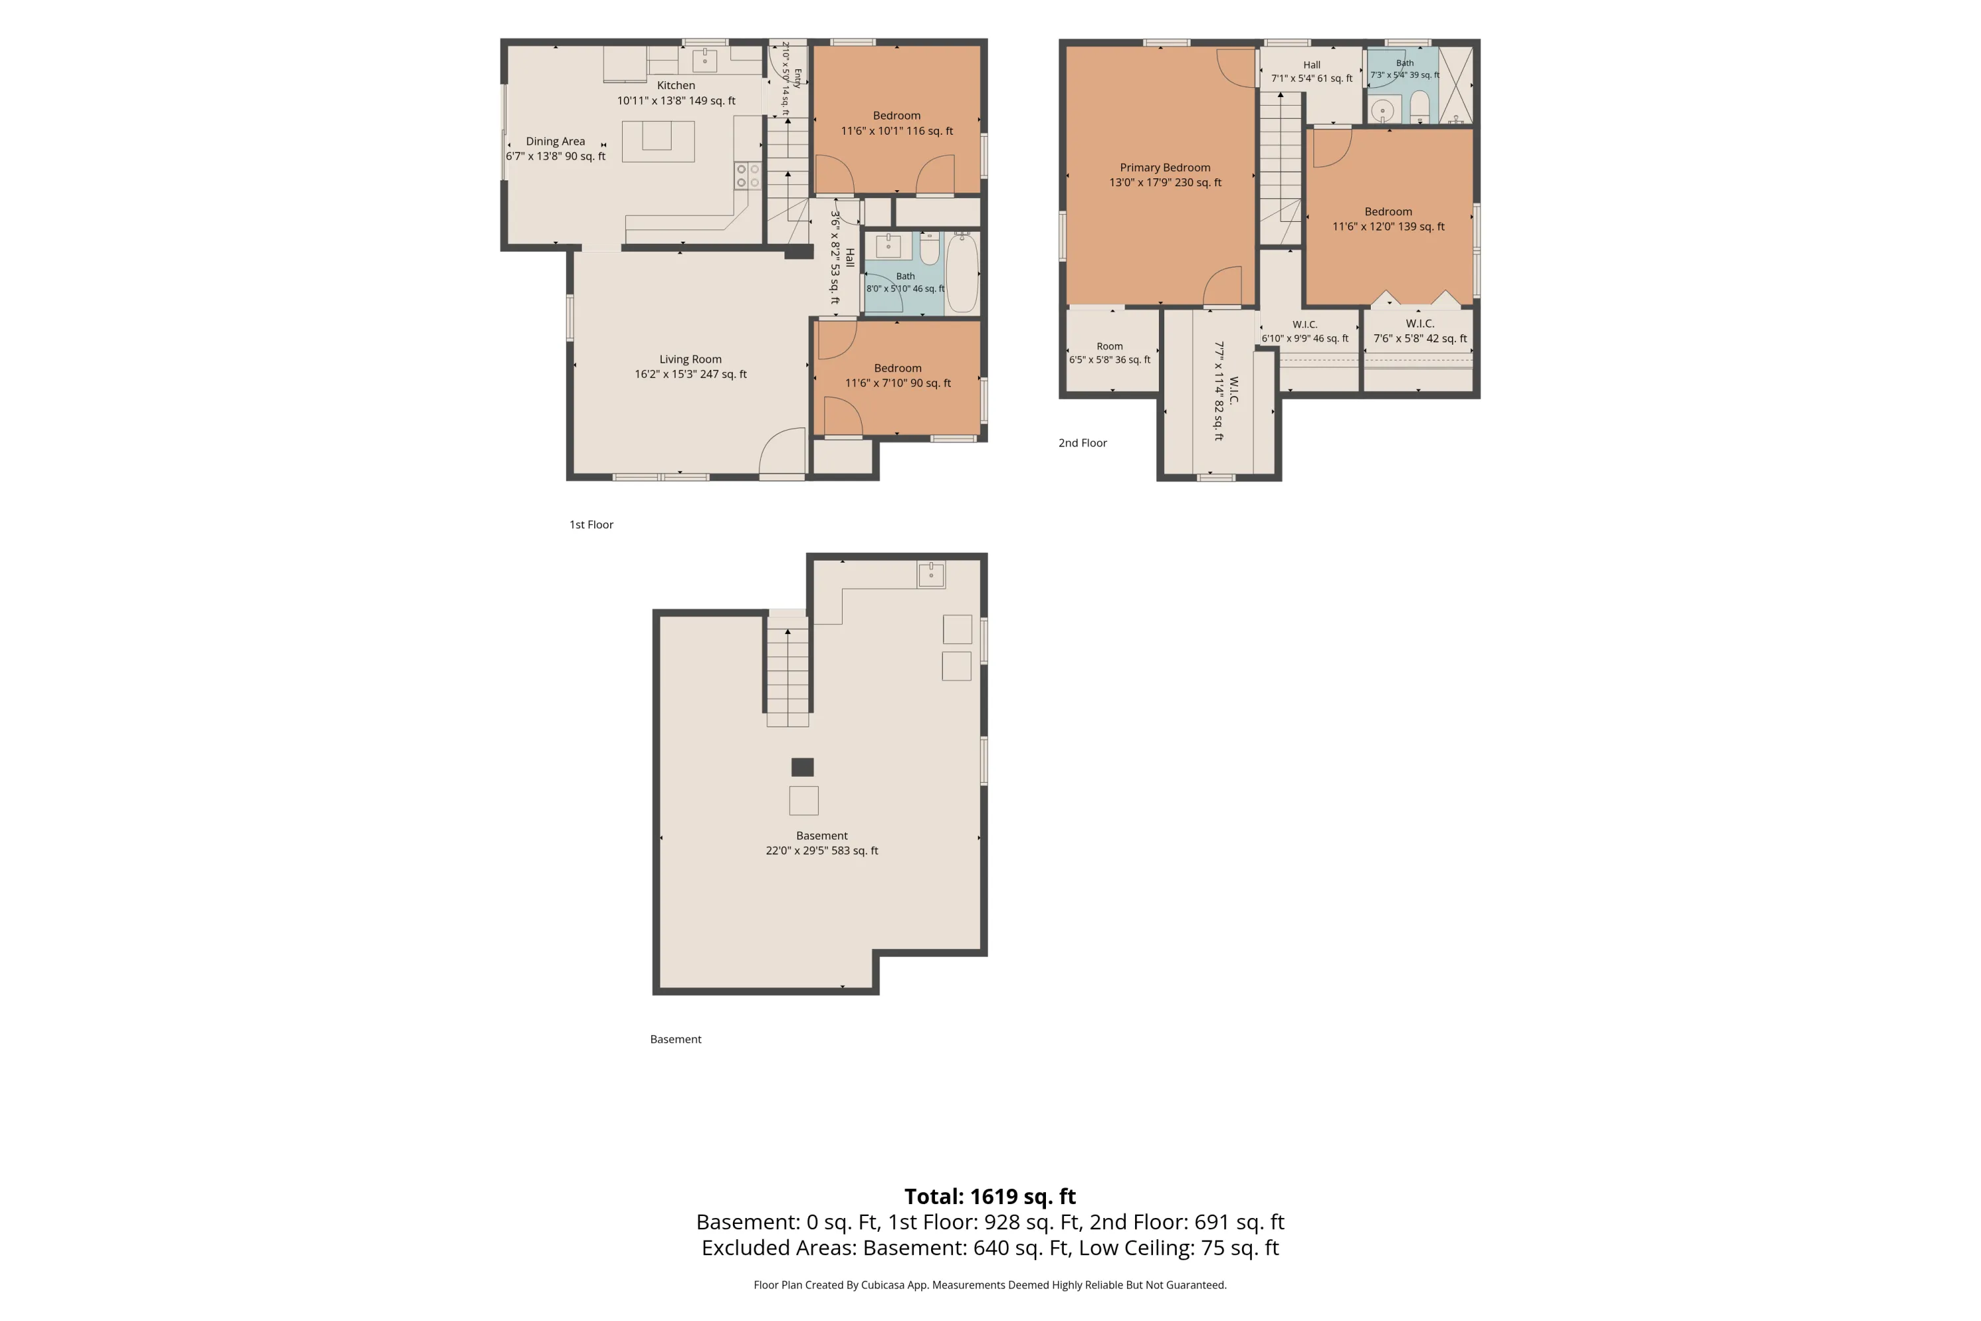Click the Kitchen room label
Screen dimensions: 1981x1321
click(676, 85)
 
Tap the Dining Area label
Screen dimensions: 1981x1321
click(555, 141)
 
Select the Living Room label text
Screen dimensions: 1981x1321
click(690, 359)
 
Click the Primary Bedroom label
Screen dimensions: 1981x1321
click(1165, 168)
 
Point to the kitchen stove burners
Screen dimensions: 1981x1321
click(747, 175)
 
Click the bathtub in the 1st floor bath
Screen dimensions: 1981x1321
click(963, 273)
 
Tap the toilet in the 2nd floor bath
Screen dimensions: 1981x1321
click(1419, 107)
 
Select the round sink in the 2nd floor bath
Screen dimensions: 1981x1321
click(1382, 110)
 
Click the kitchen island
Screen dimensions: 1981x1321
click(658, 141)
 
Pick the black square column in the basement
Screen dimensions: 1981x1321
click(803, 767)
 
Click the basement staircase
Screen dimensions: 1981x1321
click(788, 672)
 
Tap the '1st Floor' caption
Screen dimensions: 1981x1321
click(591, 525)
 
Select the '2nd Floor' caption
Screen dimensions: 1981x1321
click(1082, 443)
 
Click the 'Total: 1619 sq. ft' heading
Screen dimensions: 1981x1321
click(990, 1196)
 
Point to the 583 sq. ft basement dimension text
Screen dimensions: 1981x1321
click(822, 851)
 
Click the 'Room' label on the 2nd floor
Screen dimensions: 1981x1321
click(1109, 346)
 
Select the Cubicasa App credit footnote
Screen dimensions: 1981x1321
click(990, 1285)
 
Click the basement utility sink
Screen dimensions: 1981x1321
click(930, 575)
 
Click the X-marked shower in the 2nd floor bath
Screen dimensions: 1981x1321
click(1455, 85)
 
